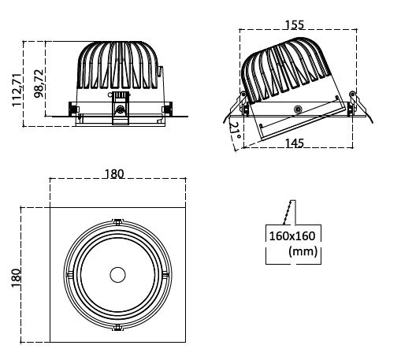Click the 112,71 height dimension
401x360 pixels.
(x=17, y=90)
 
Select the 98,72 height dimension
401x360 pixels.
(x=39, y=84)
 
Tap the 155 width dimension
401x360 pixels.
(x=295, y=24)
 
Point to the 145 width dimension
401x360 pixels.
(x=295, y=143)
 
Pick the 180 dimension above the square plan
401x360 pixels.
(x=114, y=174)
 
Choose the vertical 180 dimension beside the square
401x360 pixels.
(x=17, y=278)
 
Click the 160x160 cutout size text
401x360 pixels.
(x=292, y=236)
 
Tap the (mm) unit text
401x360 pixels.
(x=303, y=251)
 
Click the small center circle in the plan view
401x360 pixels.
(x=117, y=275)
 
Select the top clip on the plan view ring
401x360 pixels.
(x=117, y=222)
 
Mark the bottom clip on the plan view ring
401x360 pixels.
(x=117, y=328)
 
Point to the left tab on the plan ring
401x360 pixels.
(x=69, y=275)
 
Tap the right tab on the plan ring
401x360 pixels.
(x=165, y=275)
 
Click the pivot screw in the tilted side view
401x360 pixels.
(x=298, y=109)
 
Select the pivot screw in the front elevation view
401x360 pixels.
(x=121, y=109)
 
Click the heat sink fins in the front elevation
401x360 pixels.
(x=117, y=65)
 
